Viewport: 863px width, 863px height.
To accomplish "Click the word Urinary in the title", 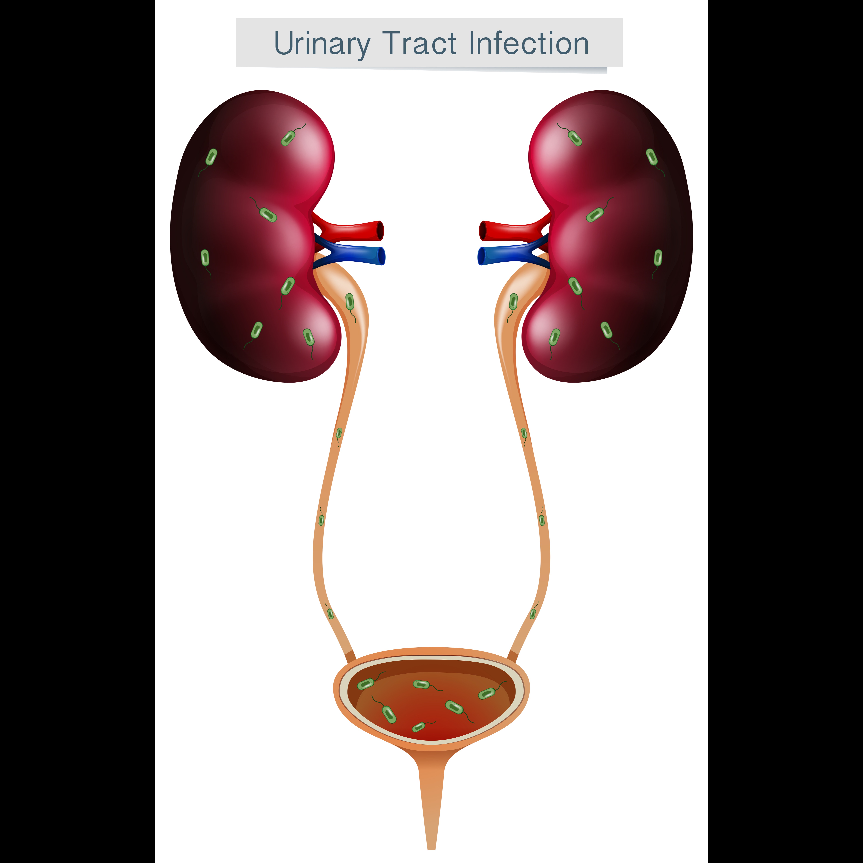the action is tap(322, 45).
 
